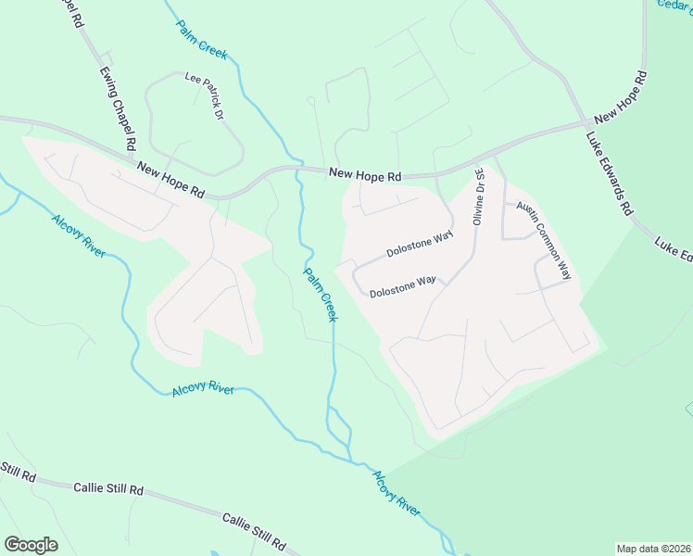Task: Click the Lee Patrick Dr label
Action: click(x=205, y=96)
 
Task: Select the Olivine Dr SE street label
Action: click(x=479, y=196)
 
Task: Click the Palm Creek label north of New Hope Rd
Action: click(x=201, y=40)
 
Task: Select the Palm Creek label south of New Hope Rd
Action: click(x=320, y=294)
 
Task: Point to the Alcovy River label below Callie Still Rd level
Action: click(x=397, y=491)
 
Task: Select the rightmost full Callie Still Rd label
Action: click(x=254, y=530)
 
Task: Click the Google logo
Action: click(x=31, y=544)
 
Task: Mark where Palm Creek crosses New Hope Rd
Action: click(x=298, y=171)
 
